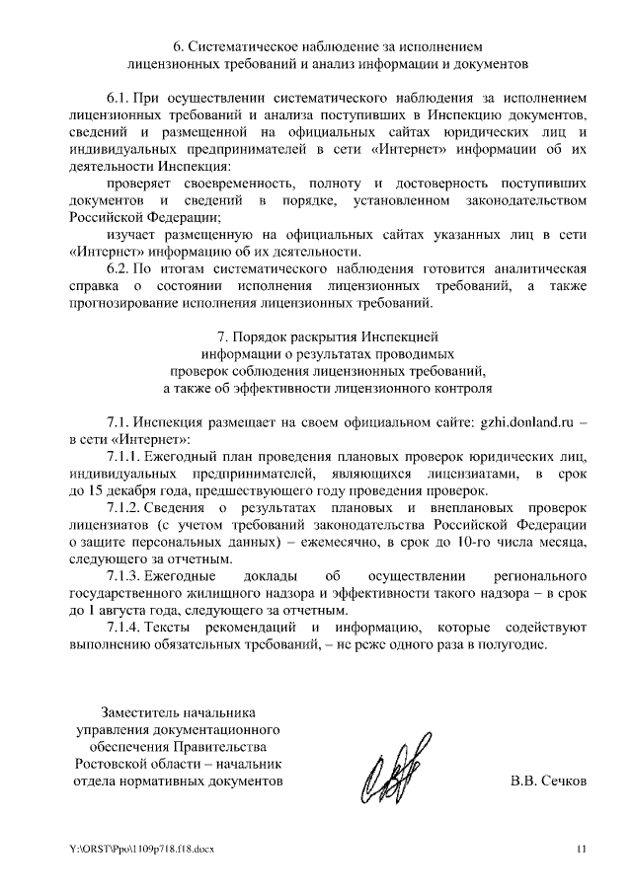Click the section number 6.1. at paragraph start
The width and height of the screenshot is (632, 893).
click(119, 100)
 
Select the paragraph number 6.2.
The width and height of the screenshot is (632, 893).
click(119, 268)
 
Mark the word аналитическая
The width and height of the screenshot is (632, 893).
click(537, 268)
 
